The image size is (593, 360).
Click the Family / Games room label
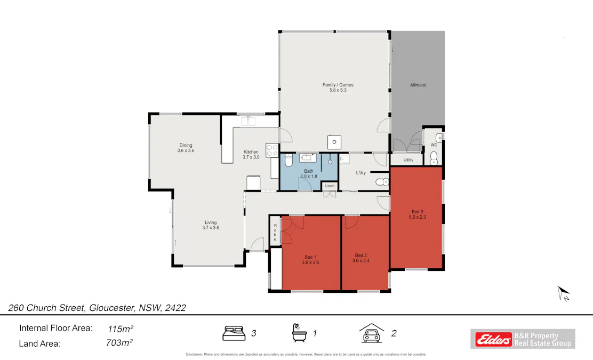point(338,85)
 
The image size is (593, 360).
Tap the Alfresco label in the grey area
point(418,85)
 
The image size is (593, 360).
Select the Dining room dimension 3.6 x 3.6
point(186,151)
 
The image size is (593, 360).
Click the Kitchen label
point(251,151)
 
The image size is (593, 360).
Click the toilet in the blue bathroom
point(288,160)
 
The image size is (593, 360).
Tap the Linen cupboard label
point(330,186)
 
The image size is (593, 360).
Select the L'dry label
point(361,172)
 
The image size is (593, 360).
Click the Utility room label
point(408,159)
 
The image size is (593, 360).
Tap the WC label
point(434,145)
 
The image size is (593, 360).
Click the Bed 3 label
point(417,211)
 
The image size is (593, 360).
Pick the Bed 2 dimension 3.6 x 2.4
point(361,261)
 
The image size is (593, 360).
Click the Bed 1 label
point(310,257)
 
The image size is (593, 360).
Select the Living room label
point(211,222)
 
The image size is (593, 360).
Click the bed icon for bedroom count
point(234,333)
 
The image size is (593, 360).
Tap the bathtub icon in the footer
point(299,333)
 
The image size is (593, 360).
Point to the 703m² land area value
point(119,343)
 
